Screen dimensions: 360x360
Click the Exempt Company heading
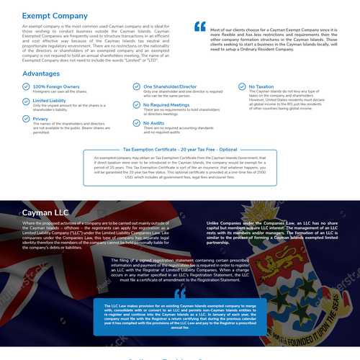(55, 15)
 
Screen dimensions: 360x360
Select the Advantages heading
(41, 73)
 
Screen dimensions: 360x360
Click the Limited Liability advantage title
(50, 102)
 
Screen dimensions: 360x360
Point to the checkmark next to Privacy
(27, 120)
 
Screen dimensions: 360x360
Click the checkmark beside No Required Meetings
(137, 105)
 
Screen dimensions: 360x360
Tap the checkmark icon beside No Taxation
(241, 87)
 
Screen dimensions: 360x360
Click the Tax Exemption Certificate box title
(179, 149)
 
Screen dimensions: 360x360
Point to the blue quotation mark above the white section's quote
(200, 27)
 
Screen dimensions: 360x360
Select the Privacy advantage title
(41, 118)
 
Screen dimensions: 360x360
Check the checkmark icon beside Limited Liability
(27, 103)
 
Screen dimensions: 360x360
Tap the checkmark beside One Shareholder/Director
(137, 87)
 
